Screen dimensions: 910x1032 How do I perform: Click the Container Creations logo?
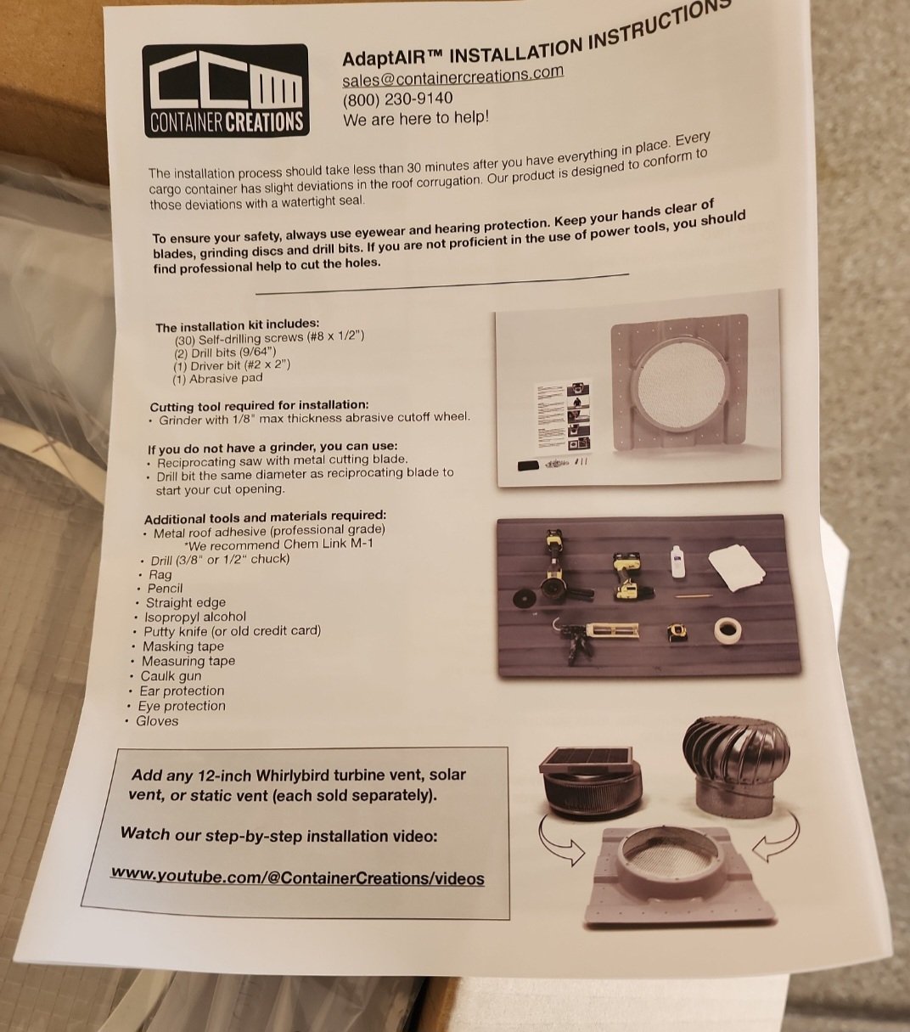(x=226, y=91)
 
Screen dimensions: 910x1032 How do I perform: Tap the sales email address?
(x=452, y=76)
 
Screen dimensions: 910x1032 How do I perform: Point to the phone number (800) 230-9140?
(x=398, y=99)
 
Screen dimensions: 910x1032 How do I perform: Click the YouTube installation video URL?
(x=297, y=877)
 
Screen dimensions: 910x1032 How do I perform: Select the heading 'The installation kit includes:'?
(x=238, y=325)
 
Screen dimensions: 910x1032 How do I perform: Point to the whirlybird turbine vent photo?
(x=737, y=770)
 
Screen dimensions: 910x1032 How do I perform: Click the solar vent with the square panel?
(x=590, y=783)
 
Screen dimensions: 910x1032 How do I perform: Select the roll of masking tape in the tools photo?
(x=727, y=630)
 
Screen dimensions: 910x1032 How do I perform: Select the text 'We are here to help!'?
(x=416, y=119)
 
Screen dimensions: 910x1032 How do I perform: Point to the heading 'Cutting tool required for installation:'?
(x=259, y=405)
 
